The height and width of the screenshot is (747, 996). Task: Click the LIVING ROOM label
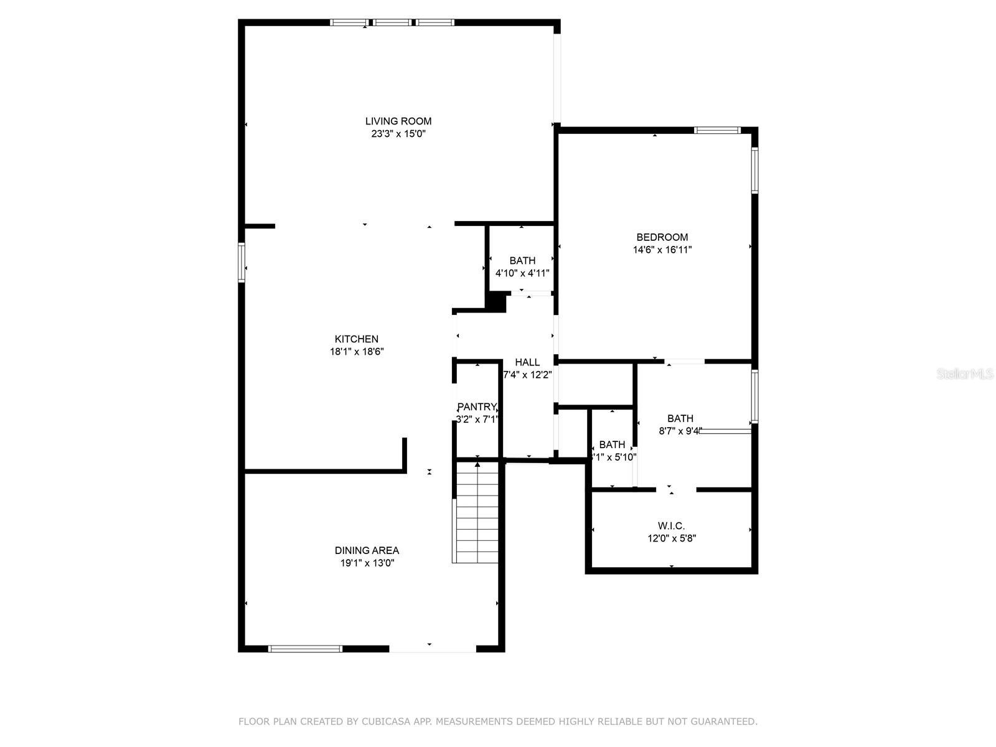click(398, 121)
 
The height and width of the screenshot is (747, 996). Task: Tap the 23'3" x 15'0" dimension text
click(398, 134)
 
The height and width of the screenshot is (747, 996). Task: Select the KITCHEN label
click(357, 339)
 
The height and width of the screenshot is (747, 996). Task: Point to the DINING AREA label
click(367, 550)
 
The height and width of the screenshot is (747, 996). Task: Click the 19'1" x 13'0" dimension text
click(367, 563)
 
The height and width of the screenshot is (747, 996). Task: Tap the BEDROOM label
click(662, 237)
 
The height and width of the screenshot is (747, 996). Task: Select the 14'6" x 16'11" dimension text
click(662, 250)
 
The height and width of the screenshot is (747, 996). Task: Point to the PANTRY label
click(477, 407)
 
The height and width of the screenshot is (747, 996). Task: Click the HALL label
click(527, 362)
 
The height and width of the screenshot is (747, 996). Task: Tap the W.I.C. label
click(671, 526)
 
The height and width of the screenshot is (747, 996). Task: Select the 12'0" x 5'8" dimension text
click(671, 538)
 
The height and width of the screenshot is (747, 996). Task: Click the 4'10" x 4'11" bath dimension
click(522, 273)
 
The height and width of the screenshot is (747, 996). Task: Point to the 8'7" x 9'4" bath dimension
click(680, 431)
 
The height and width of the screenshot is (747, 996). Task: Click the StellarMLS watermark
click(965, 374)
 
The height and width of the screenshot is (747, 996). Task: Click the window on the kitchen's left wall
click(242, 263)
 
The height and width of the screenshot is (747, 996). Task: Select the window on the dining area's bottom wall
click(305, 649)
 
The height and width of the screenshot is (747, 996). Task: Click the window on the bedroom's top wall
click(717, 130)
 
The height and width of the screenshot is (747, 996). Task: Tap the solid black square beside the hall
click(496, 302)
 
